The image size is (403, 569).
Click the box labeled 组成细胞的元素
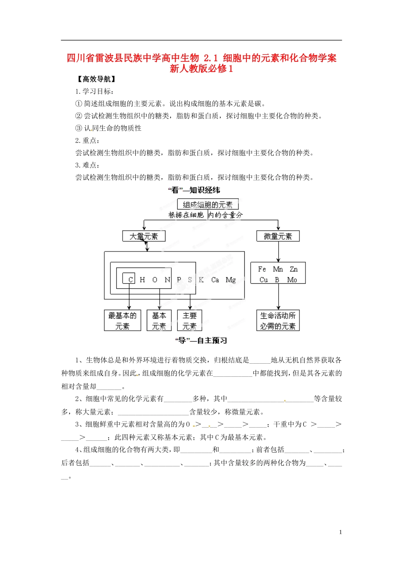(208, 204)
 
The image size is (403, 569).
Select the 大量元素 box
(144, 236)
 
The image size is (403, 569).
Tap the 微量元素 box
(278, 236)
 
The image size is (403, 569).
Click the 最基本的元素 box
(123, 320)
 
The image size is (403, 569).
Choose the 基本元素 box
(159, 320)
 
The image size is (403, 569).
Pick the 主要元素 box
(190, 320)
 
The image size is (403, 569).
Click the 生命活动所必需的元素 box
(278, 320)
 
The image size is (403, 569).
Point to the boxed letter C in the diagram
(130, 279)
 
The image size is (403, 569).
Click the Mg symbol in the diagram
(231, 279)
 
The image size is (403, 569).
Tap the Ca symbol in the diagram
(215, 279)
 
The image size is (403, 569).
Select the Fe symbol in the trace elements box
(262, 269)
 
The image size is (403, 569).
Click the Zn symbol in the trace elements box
(294, 269)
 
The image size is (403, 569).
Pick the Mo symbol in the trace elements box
(292, 279)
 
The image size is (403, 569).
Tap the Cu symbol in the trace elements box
(263, 279)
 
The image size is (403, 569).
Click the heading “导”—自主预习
(201, 340)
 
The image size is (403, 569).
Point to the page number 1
(340, 532)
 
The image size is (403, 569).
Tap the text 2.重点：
(87, 141)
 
